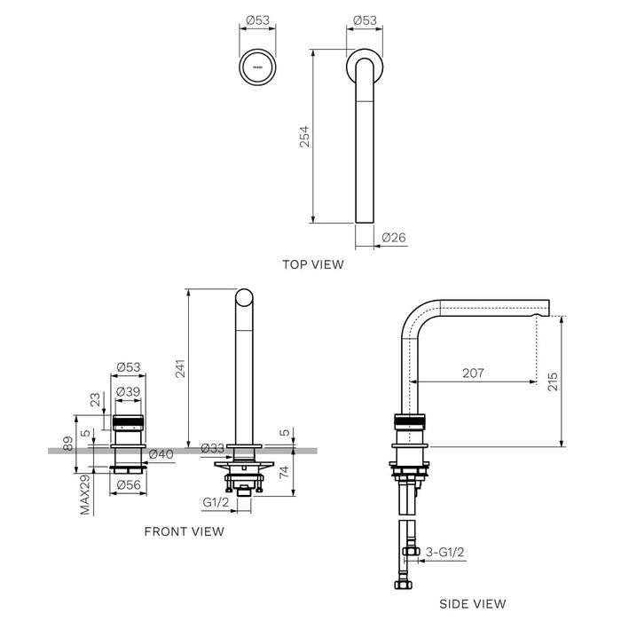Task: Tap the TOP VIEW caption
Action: pyautogui.click(x=312, y=263)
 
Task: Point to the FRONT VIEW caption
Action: pyautogui.click(x=184, y=531)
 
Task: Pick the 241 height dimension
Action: pyautogui.click(x=181, y=374)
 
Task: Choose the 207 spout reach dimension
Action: pyautogui.click(x=473, y=373)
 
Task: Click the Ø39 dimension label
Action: pyautogui.click(x=130, y=392)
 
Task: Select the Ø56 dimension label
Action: pyautogui.click(x=129, y=483)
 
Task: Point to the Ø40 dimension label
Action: pyautogui.click(x=161, y=454)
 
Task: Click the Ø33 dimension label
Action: pyautogui.click(x=212, y=448)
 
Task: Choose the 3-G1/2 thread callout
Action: pyautogui.click(x=446, y=551)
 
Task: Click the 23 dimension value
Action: pyautogui.click(x=93, y=400)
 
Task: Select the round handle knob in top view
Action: pyautogui.click(x=257, y=66)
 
